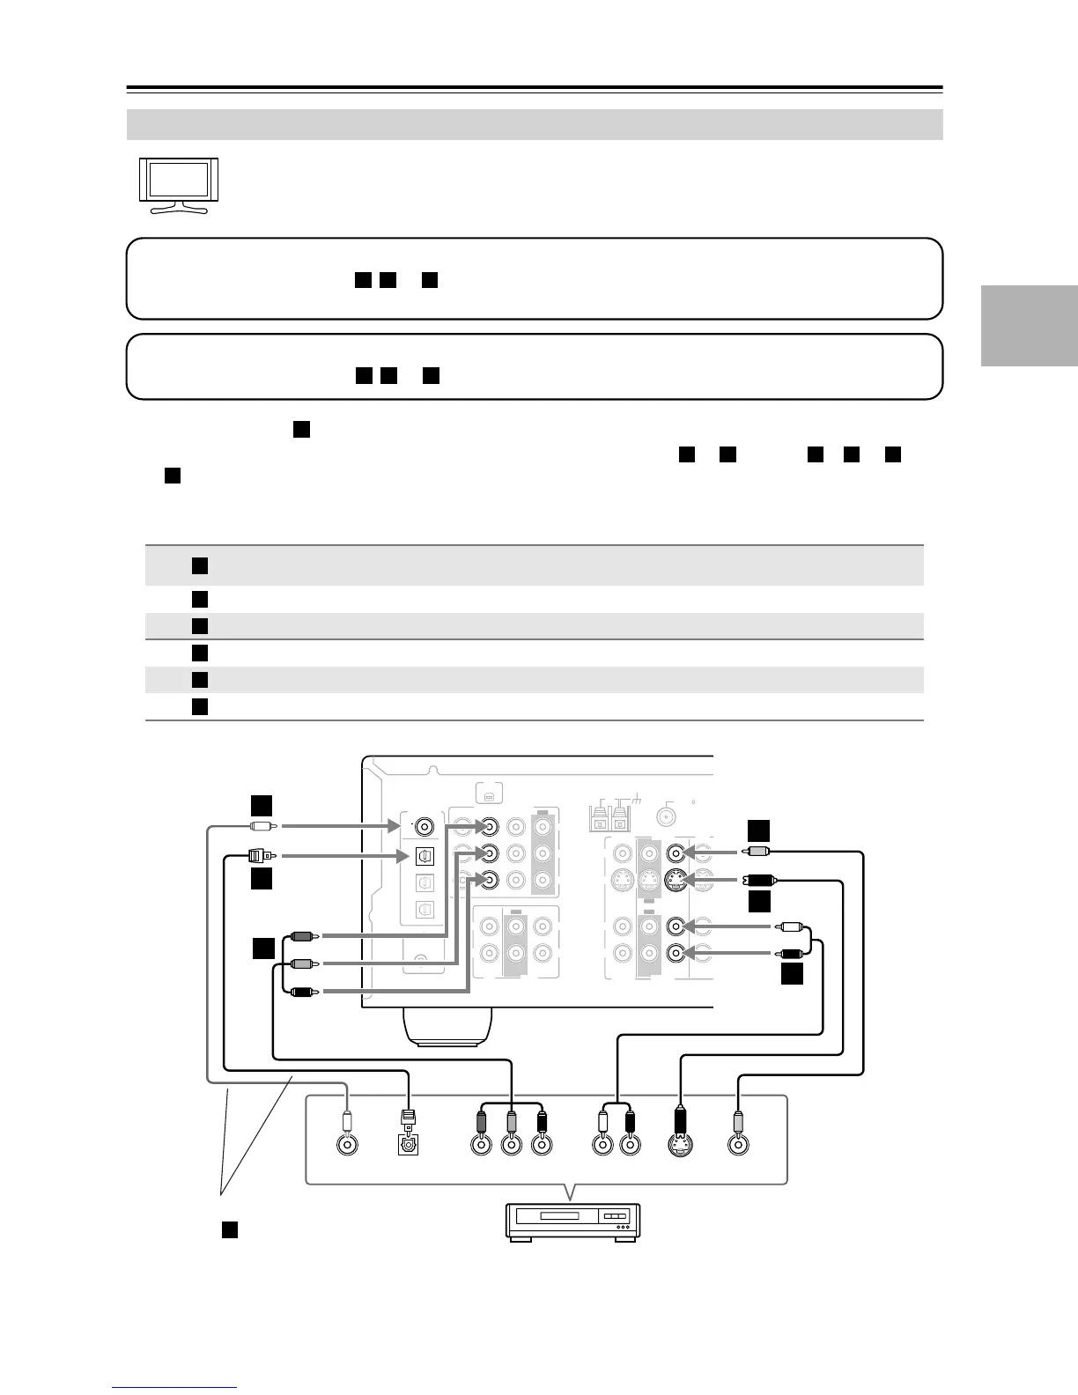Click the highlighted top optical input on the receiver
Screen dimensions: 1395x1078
coord(425,854)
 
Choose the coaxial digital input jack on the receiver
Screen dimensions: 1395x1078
coord(425,827)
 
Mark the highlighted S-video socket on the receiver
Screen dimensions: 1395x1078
coord(676,878)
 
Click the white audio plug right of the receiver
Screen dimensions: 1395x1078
coord(790,926)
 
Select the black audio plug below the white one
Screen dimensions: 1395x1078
coord(790,952)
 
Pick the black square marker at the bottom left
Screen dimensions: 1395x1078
coord(229,1230)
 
